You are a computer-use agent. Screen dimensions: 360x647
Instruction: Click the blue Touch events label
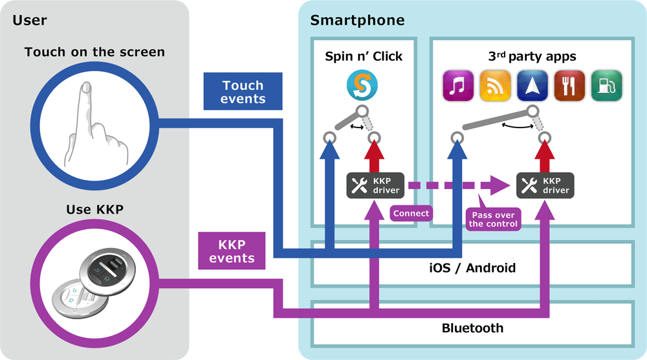[x=243, y=91]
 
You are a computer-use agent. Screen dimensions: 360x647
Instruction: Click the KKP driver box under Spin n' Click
[x=374, y=185]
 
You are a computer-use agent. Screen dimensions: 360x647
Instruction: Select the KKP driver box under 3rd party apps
[x=544, y=185]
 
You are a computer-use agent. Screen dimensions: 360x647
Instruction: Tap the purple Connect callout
[x=411, y=212]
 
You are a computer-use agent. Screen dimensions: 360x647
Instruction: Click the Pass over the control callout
[x=493, y=219]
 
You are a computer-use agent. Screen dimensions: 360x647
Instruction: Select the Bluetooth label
[x=472, y=328]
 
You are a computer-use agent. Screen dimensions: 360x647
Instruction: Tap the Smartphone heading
[x=357, y=20]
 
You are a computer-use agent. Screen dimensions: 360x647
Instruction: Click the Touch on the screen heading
[x=94, y=52]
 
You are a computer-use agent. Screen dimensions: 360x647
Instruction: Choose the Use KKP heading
[x=94, y=209]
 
